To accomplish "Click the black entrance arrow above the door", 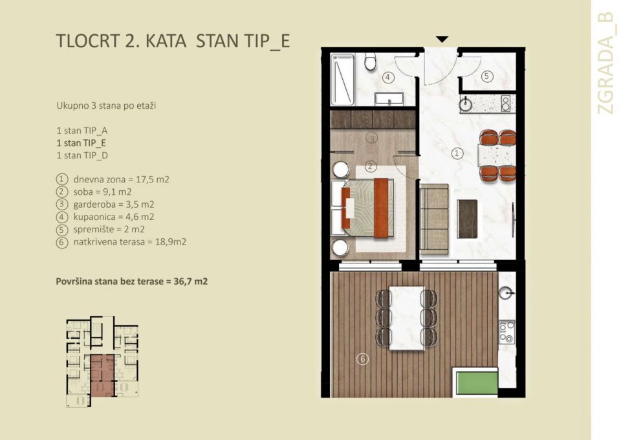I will click(441, 39).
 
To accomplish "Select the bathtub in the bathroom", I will click(342, 80).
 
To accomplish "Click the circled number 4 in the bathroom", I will click(388, 78).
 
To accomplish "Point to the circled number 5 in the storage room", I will click(487, 76).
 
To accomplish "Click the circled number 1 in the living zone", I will click(457, 153).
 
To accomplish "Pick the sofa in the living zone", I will click(433, 219).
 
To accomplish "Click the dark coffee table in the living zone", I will click(467, 218).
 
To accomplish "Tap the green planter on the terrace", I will click(475, 382).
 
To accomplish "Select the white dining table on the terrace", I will click(406, 318).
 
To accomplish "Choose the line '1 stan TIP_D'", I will click(82, 156).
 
